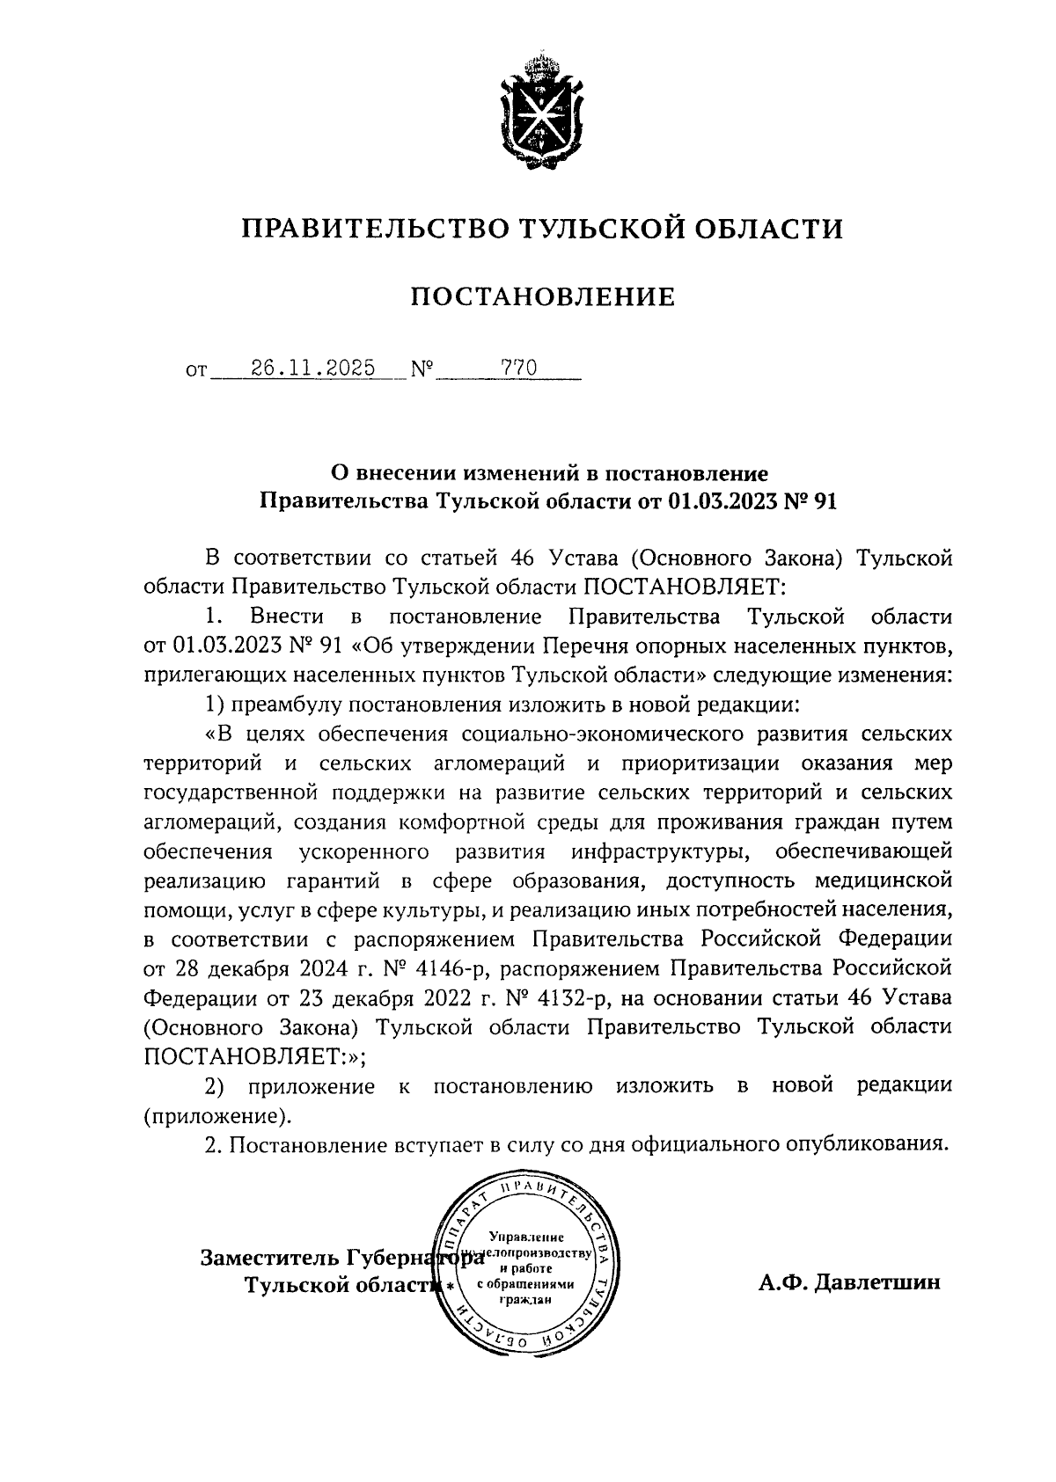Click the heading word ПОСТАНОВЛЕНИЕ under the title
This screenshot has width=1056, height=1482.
tap(542, 297)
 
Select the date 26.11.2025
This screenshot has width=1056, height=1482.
tap(312, 368)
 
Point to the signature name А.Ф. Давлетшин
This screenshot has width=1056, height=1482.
tap(849, 1282)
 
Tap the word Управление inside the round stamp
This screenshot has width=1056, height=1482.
tap(525, 1237)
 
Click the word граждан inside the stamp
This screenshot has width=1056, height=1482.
tap(524, 1301)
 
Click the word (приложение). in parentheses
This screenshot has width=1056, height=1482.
tap(216, 1115)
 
